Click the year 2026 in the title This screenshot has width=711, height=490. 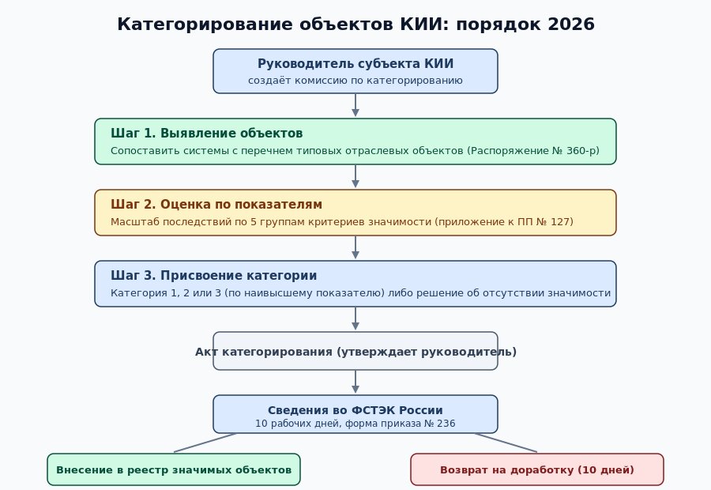click(x=571, y=24)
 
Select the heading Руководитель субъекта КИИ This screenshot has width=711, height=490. click(x=355, y=63)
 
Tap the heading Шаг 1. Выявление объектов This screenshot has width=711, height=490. click(x=207, y=133)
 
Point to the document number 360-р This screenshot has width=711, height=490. click(x=583, y=150)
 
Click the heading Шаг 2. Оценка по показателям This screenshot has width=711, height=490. click(x=216, y=204)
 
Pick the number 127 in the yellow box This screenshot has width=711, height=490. click(x=560, y=221)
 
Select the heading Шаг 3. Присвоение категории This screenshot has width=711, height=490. click(x=213, y=275)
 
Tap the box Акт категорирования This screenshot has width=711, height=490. click(x=355, y=351)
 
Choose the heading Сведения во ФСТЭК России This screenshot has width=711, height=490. click(x=355, y=410)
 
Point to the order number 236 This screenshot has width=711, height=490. click(x=446, y=424)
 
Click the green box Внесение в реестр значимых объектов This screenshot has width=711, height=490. click(x=174, y=469)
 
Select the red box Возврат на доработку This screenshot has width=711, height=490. click(x=537, y=469)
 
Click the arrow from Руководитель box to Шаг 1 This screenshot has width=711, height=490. click(x=355, y=105)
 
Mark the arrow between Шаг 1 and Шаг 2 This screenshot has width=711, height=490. click(x=355, y=176)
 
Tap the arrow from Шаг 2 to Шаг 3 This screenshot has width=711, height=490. click(x=355, y=247)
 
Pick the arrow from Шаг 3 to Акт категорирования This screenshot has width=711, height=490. click(x=355, y=318)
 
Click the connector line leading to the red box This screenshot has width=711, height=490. click(x=506, y=443)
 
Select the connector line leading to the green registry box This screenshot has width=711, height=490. click(x=205, y=443)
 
